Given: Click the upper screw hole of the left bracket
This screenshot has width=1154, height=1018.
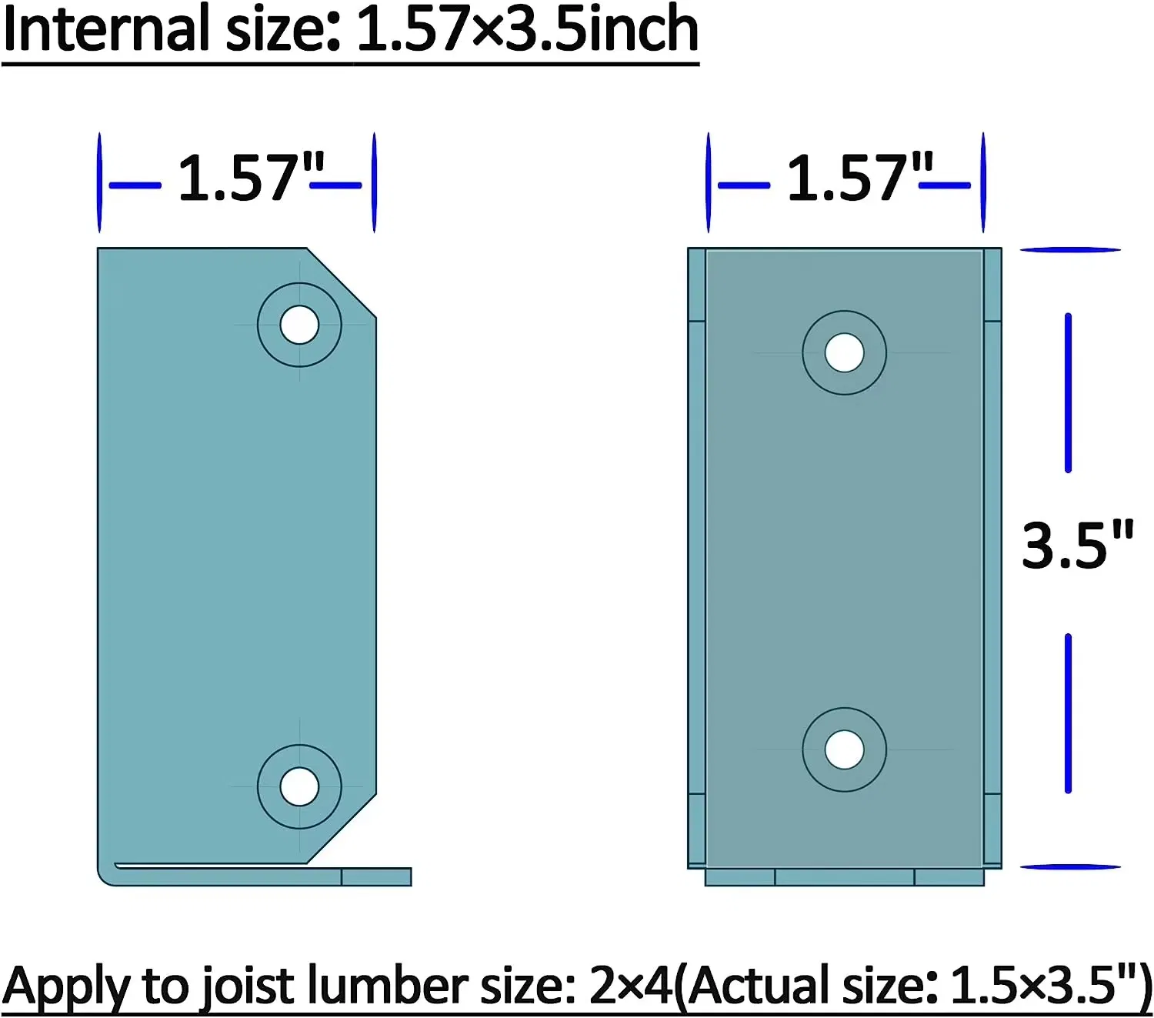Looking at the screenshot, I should [299, 325].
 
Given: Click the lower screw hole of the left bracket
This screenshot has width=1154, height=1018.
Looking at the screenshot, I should [299, 786].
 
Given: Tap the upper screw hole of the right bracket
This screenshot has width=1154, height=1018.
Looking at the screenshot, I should [844, 353].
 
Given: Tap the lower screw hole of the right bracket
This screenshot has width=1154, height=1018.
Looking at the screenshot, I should [844, 749].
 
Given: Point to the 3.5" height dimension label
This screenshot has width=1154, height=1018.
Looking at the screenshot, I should [1076, 546].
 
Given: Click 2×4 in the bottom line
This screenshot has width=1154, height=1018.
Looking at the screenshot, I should [631, 986].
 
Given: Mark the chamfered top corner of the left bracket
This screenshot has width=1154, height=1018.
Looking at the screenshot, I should [342, 282].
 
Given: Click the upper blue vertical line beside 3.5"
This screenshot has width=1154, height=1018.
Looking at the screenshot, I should [1068, 392].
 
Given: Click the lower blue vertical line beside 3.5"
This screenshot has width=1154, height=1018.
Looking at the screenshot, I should [1068, 713].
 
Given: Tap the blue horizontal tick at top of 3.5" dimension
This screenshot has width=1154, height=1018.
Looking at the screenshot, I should [1069, 249].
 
